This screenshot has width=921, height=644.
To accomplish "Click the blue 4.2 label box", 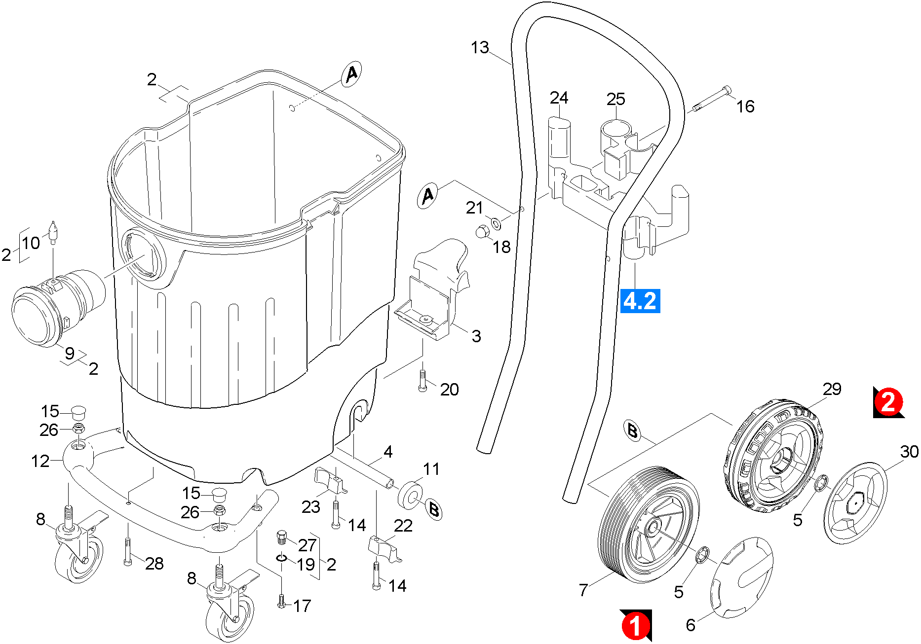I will click(x=640, y=301).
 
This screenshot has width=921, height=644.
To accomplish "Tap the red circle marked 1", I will click(x=635, y=625).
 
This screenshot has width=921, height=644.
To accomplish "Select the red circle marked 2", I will click(x=888, y=402).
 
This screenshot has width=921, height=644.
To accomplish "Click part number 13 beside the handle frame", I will click(x=480, y=48).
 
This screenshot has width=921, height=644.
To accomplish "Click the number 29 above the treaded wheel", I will click(x=832, y=389).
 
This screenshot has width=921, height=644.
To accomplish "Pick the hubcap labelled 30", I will click(x=854, y=503).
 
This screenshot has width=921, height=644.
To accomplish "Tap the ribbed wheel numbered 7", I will click(x=648, y=525).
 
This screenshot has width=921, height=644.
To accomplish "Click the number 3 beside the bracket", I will click(x=476, y=336).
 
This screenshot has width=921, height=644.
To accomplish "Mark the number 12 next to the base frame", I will click(x=40, y=462).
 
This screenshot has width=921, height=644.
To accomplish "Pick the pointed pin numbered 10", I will click(x=53, y=231).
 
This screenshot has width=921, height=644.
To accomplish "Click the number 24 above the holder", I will click(x=559, y=98).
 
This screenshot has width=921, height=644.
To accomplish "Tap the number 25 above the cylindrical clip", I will click(x=616, y=99).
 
